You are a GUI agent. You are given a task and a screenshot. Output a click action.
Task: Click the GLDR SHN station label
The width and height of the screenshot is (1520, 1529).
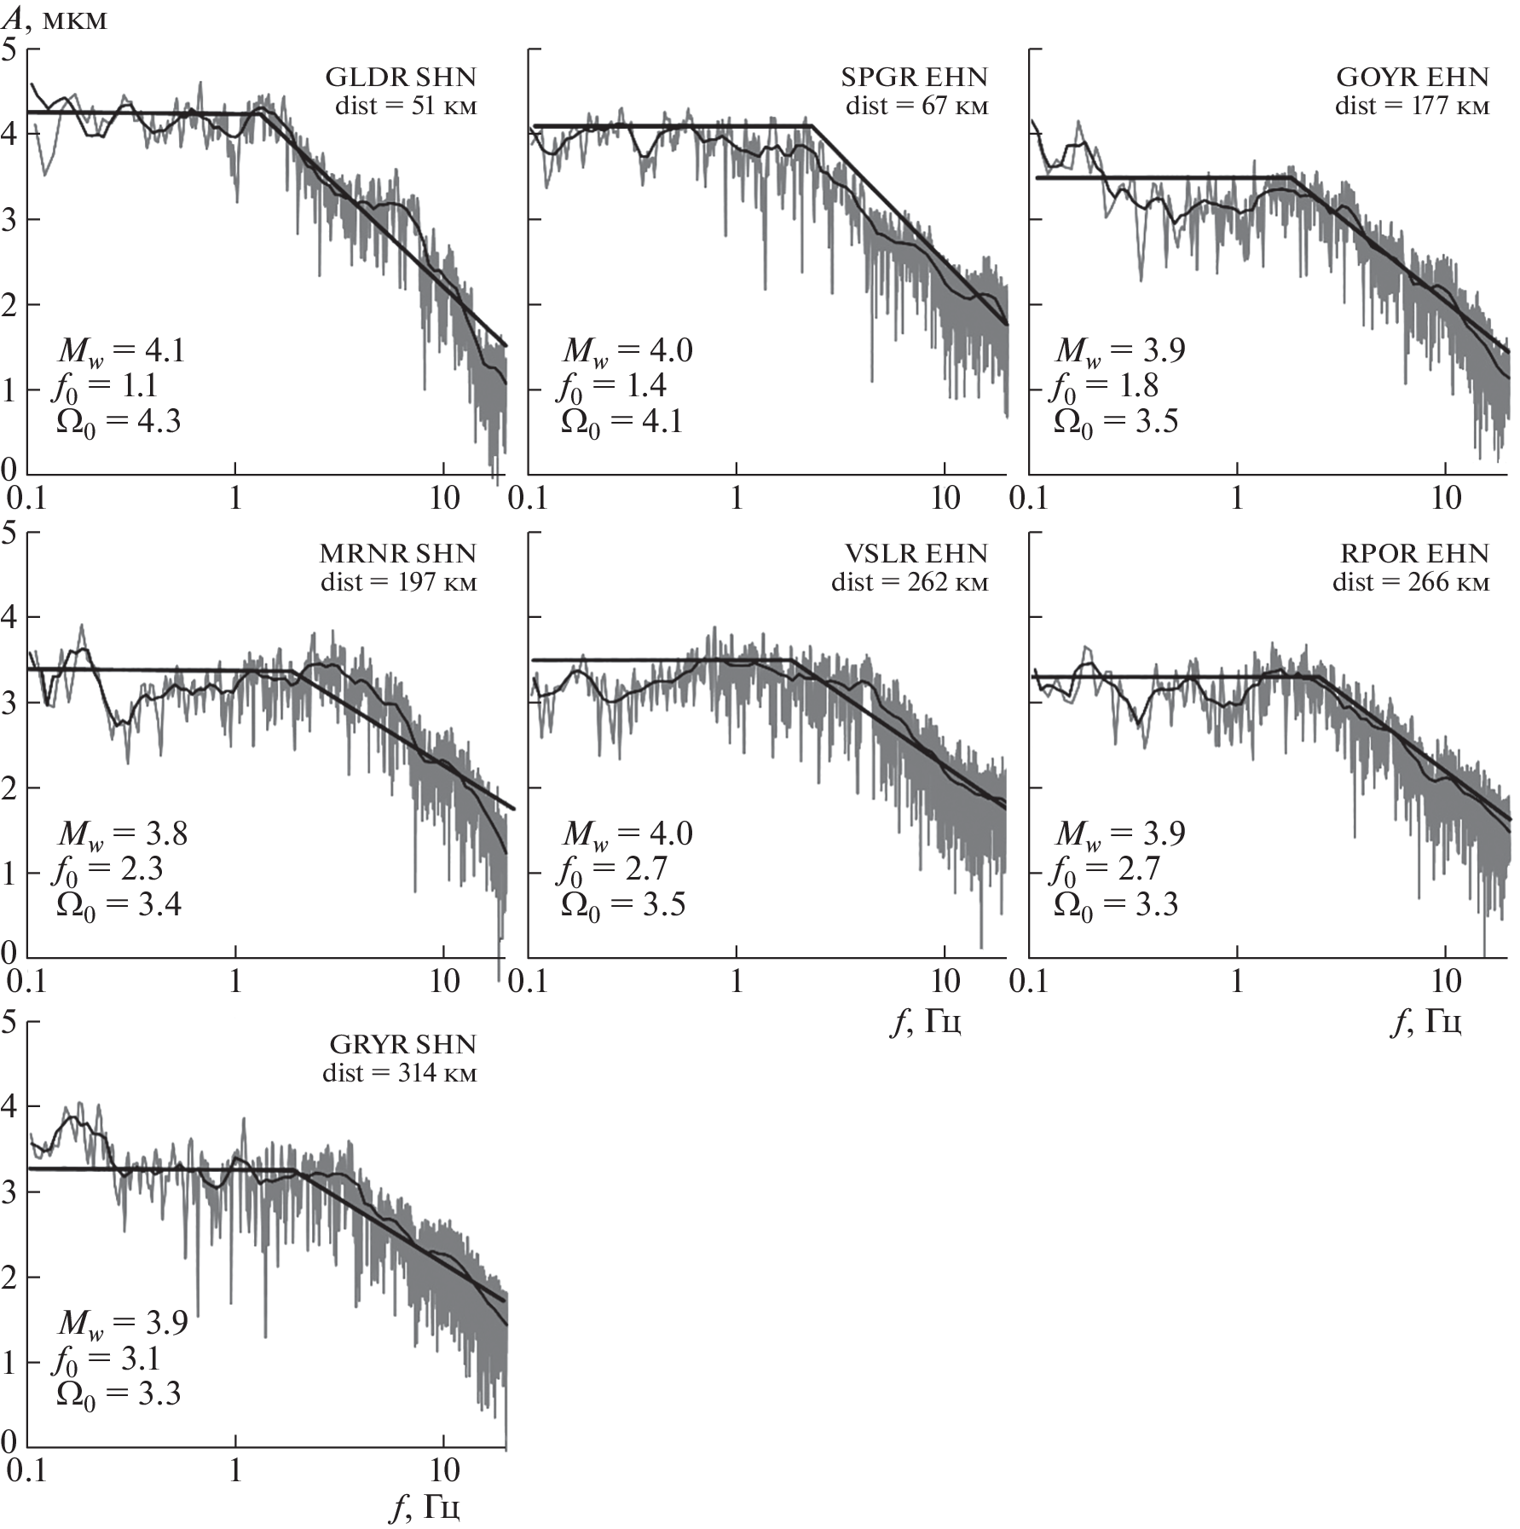pos(401,78)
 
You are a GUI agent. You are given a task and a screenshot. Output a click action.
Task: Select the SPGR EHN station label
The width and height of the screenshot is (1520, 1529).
pos(914,78)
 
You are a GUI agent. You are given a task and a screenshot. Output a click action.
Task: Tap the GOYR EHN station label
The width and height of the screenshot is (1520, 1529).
pos(1413,78)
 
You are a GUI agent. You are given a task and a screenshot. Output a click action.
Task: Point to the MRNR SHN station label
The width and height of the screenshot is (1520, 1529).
pos(397,554)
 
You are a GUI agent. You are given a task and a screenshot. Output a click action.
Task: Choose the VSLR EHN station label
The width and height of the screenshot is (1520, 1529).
pos(916,554)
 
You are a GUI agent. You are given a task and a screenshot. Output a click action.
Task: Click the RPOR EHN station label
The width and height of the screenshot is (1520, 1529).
pos(1414,554)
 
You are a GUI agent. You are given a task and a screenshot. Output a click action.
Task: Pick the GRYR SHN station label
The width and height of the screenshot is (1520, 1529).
pos(402,1045)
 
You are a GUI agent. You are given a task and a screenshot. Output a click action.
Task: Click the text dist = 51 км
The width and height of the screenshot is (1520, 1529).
pos(406,107)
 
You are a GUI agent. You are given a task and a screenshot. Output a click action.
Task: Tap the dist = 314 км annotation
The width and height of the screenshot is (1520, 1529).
pos(399,1073)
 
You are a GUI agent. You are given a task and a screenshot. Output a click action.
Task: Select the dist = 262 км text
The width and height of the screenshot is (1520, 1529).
pos(910,583)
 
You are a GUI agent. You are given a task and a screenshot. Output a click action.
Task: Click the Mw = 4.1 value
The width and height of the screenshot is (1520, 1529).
pos(121,350)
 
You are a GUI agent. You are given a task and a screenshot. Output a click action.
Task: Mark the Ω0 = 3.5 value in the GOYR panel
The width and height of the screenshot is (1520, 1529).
pos(1116,422)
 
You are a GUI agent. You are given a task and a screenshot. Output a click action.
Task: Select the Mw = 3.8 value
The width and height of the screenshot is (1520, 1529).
pos(123,834)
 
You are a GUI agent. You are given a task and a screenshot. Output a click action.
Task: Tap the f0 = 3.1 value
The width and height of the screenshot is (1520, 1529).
pos(107,1359)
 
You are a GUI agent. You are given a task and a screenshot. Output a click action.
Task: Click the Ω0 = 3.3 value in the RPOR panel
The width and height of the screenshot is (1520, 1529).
pos(1116,905)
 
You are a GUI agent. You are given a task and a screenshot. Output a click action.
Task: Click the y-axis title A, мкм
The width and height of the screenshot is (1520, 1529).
pos(56,20)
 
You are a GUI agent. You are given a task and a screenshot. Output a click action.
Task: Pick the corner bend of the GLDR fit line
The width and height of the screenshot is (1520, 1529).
pos(260,113)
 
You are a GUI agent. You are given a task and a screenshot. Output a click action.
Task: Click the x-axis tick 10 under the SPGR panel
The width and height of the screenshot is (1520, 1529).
pos(945,499)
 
